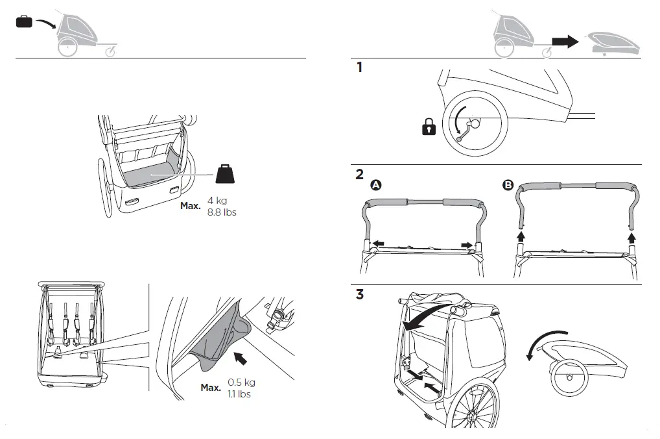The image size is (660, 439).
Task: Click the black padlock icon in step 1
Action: pos(429,128)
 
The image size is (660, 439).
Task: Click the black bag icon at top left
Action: pos(24,22)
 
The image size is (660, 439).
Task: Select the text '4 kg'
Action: pos(218,201)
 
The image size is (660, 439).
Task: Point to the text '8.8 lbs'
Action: pos(222,212)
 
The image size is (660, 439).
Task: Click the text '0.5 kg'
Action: pos(241,383)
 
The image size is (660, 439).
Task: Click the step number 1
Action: pos(359,67)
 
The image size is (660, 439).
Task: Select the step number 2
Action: pos(359,175)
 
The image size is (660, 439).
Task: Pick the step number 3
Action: pos(360,295)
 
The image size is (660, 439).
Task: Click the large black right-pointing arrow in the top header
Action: pos(564,42)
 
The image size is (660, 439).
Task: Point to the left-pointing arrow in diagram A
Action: pos(377,244)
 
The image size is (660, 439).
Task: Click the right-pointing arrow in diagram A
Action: pos(466,244)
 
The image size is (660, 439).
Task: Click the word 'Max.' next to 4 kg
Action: pos(191,207)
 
